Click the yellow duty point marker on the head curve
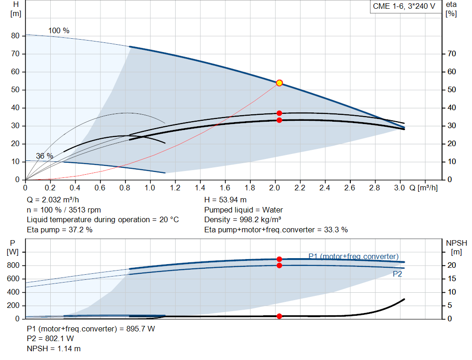pos(279,83)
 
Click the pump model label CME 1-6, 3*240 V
pos(404,7)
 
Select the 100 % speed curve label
pos(59,31)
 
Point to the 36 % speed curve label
pos(45,156)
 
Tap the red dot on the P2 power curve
pos(279,266)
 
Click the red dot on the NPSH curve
pos(279,316)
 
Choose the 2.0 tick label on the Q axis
pos(275,188)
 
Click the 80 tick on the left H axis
pos(15,36)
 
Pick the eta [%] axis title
pos(451,9)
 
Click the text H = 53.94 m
pos(225,200)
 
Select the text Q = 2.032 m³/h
pos(53,200)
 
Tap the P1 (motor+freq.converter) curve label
pos(353,256)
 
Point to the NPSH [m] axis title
pos(456,247)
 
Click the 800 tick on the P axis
pos(13,266)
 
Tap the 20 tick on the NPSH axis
pos(452,266)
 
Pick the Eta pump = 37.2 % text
pos(59,230)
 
